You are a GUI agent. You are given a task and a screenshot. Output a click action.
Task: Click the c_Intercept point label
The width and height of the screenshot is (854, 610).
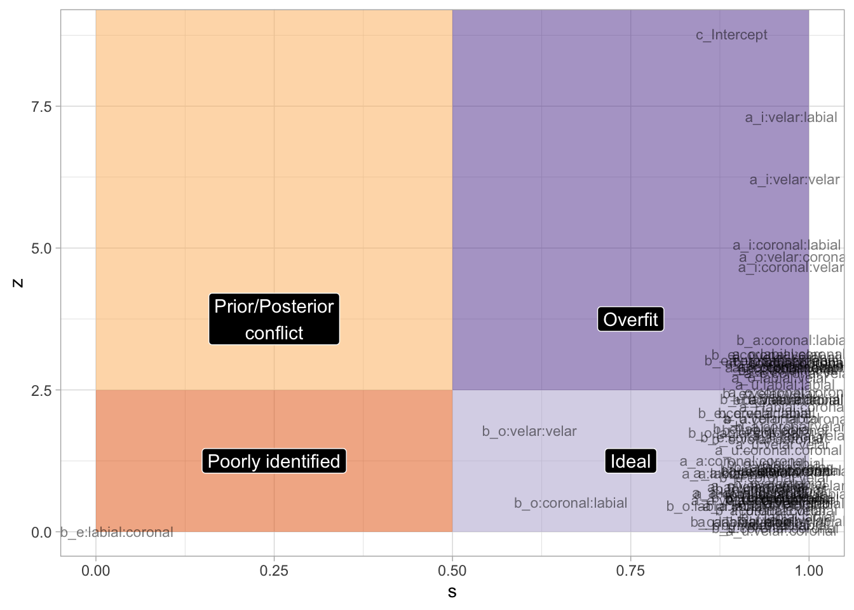731,35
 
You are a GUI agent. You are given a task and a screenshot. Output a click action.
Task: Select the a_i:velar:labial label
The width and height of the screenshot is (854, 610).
790,118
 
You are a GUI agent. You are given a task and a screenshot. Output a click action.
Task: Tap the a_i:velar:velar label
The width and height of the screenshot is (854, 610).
794,180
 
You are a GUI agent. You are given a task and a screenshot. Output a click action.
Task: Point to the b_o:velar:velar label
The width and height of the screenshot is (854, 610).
529,431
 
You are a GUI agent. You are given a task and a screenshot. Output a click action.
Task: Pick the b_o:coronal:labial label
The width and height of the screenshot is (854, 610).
571,503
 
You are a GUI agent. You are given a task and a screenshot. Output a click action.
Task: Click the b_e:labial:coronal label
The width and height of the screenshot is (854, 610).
117,532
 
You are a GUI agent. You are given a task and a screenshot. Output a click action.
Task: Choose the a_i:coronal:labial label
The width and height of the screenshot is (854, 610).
787,245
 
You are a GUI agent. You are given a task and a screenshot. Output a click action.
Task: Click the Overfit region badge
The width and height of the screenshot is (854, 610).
630,319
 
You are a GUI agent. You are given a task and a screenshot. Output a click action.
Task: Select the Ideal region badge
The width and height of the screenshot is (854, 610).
630,461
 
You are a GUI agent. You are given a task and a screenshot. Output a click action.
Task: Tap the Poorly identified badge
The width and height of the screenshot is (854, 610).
274,461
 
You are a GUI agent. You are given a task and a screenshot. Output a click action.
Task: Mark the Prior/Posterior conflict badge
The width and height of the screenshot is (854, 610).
274,319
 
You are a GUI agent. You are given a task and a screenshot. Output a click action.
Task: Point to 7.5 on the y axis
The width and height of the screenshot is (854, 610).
41,106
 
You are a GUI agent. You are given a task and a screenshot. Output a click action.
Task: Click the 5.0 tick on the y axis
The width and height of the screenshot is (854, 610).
41,248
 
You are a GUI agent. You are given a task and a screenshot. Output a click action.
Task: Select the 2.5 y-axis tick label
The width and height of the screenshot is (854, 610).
41,390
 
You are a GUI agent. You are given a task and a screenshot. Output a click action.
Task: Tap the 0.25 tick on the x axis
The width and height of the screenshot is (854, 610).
274,571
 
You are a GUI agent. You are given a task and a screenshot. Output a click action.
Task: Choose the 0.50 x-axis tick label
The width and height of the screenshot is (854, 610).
452,571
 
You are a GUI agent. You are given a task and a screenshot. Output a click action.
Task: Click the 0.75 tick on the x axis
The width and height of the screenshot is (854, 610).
630,571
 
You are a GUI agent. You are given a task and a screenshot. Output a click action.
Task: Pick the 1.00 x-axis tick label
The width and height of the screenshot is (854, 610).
809,571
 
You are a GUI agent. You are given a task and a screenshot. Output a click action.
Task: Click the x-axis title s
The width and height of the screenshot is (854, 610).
452,593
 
